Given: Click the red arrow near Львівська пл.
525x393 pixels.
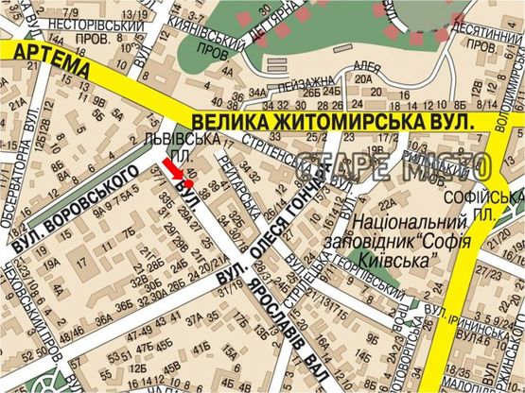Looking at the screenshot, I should point(172,167).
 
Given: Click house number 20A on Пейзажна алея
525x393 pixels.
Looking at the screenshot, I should point(363,78).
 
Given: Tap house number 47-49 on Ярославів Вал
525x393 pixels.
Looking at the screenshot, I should point(141,333).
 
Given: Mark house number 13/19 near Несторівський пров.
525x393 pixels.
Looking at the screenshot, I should point(137,13).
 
